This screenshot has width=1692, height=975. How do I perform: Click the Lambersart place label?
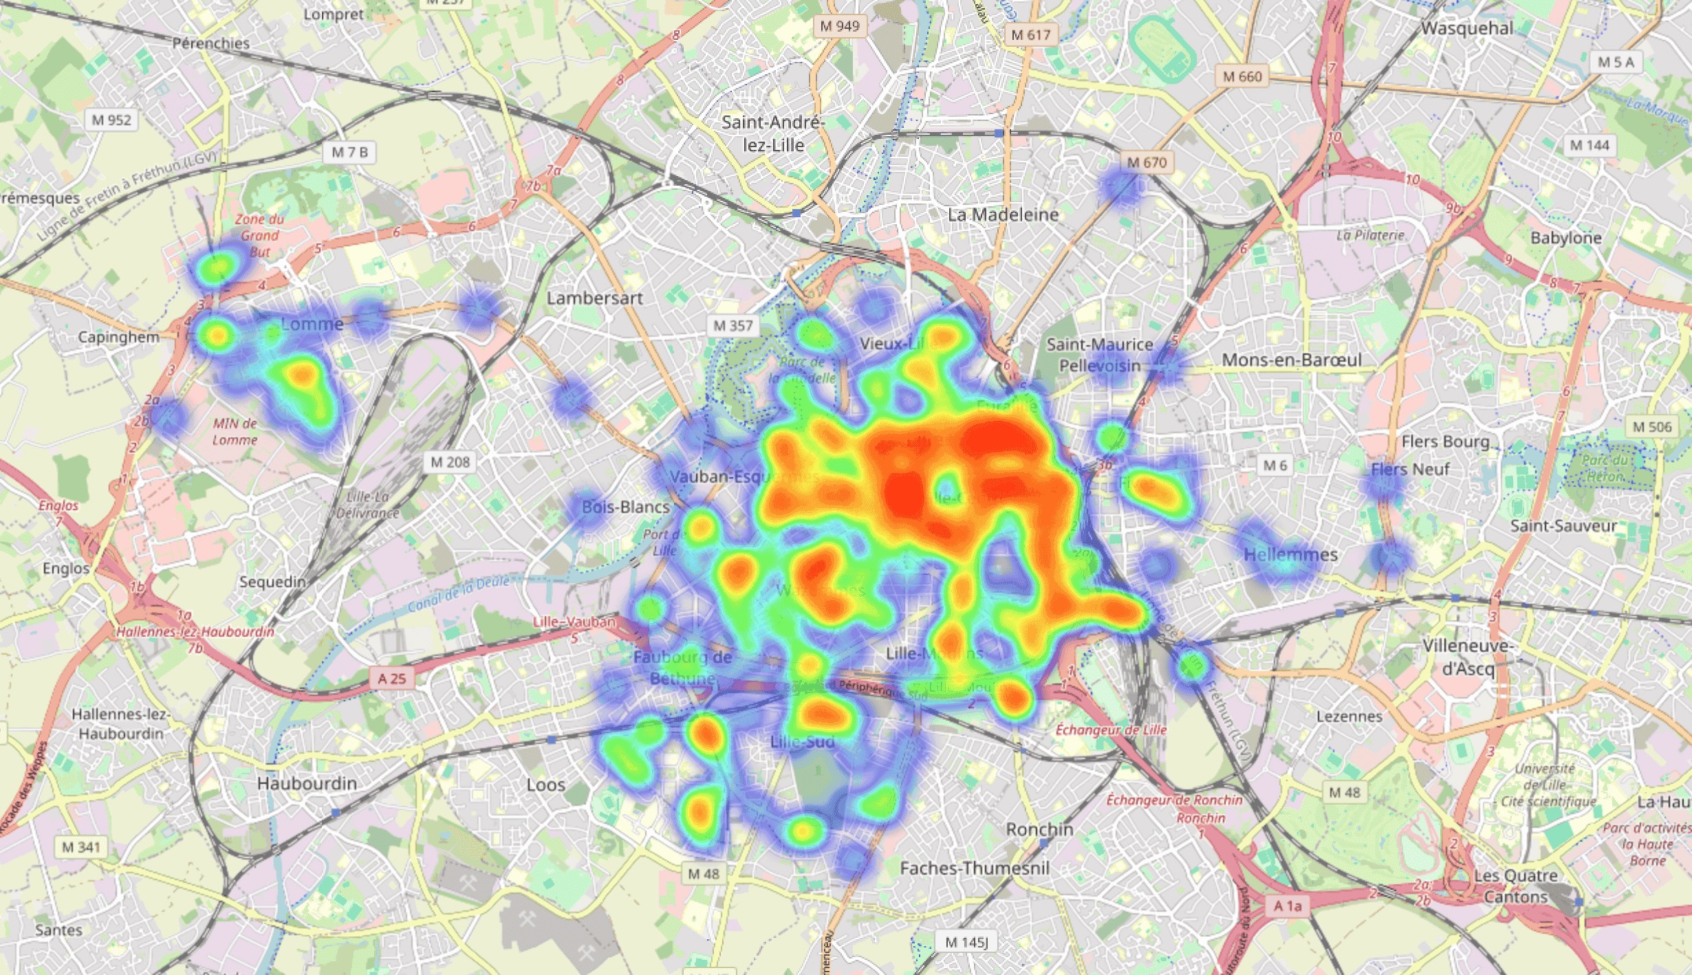[595, 298]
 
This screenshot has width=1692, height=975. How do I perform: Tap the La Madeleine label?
[1003, 215]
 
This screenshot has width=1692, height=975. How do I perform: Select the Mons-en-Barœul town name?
[1292, 360]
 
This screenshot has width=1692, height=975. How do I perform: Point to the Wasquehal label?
[1467, 28]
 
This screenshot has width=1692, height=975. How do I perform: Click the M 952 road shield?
[111, 120]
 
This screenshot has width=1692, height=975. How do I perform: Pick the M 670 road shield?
[1147, 163]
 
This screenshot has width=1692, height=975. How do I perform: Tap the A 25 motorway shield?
[392, 679]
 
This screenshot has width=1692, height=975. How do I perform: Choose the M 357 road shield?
[733, 326]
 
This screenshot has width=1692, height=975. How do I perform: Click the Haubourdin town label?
[307, 783]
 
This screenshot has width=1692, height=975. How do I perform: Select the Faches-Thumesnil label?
[975, 868]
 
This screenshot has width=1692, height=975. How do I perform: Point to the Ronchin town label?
[1039, 829]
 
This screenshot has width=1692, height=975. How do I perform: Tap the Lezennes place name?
[1349, 716]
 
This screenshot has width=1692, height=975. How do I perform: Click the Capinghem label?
[118, 337]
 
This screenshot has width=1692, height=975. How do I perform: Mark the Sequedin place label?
[272, 582]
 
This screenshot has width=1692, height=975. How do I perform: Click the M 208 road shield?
[450, 462]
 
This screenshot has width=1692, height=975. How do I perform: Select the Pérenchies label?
[210, 43]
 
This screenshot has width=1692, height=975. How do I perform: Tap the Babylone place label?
[1566, 238]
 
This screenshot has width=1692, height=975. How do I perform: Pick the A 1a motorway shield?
[1288, 906]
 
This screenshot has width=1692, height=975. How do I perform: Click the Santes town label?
[58, 930]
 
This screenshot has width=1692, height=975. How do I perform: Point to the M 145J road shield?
[966, 943]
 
